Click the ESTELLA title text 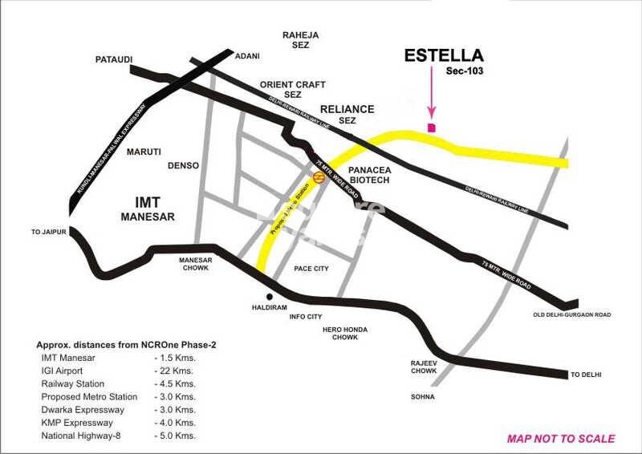point(444,55)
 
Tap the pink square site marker point(432,128)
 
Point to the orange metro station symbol point(319,180)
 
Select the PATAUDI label point(114,59)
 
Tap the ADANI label point(247,55)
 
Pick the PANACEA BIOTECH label point(369,174)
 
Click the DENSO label point(183,166)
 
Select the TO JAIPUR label point(47,232)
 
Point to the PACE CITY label point(311,269)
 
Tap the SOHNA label point(422,397)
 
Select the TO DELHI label point(585,375)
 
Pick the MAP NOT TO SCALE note point(561,439)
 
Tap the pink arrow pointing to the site point(432,99)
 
